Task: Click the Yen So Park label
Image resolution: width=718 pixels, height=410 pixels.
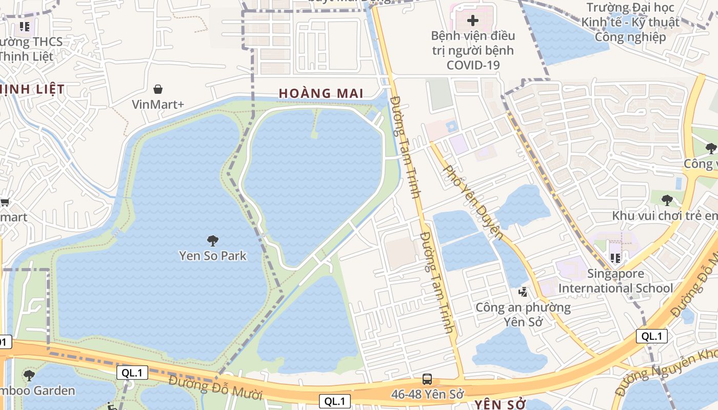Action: point(213,255)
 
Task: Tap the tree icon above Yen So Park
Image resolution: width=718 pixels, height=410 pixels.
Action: point(212,240)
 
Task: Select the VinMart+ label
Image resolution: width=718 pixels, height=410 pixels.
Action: point(158,105)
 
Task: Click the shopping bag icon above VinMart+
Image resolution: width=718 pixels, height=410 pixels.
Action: point(158,89)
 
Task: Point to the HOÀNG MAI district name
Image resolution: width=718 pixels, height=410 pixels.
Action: point(321,93)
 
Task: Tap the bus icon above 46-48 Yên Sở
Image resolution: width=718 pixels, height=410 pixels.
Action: point(427,379)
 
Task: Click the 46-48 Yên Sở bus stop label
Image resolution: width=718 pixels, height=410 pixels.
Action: point(427,395)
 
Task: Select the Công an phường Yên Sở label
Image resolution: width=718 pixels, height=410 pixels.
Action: point(523,315)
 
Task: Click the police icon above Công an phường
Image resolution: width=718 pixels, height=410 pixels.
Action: point(523,292)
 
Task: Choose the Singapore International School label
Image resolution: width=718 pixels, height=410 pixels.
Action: point(615,281)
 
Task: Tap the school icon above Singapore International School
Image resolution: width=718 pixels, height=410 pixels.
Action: point(615,258)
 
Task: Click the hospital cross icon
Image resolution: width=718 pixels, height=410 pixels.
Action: point(473,21)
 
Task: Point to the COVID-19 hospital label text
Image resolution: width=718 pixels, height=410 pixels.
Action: point(473,50)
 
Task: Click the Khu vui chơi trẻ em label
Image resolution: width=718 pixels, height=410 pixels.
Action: point(665,216)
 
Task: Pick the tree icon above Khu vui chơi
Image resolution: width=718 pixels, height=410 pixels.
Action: point(666,200)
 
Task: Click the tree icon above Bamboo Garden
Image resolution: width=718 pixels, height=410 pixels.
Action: point(29,375)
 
